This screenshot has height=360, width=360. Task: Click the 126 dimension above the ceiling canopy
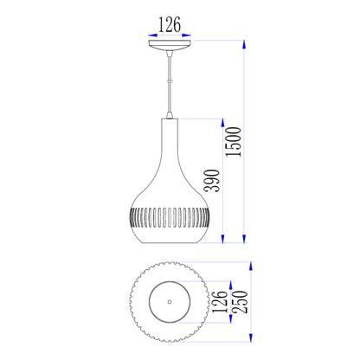point(170,24)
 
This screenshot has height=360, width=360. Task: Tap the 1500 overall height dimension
point(234,142)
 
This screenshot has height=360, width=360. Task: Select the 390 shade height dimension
point(212,181)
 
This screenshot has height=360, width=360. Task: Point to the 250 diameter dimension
point(241,302)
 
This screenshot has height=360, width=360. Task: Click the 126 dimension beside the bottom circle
point(220,302)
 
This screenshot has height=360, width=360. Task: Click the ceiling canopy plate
point(170,45)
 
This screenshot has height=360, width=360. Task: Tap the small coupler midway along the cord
point(170,80)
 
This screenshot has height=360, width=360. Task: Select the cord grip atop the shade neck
point(170,114)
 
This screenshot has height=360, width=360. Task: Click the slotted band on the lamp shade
point(170,218)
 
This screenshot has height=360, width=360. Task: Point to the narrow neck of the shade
point(170,136)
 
